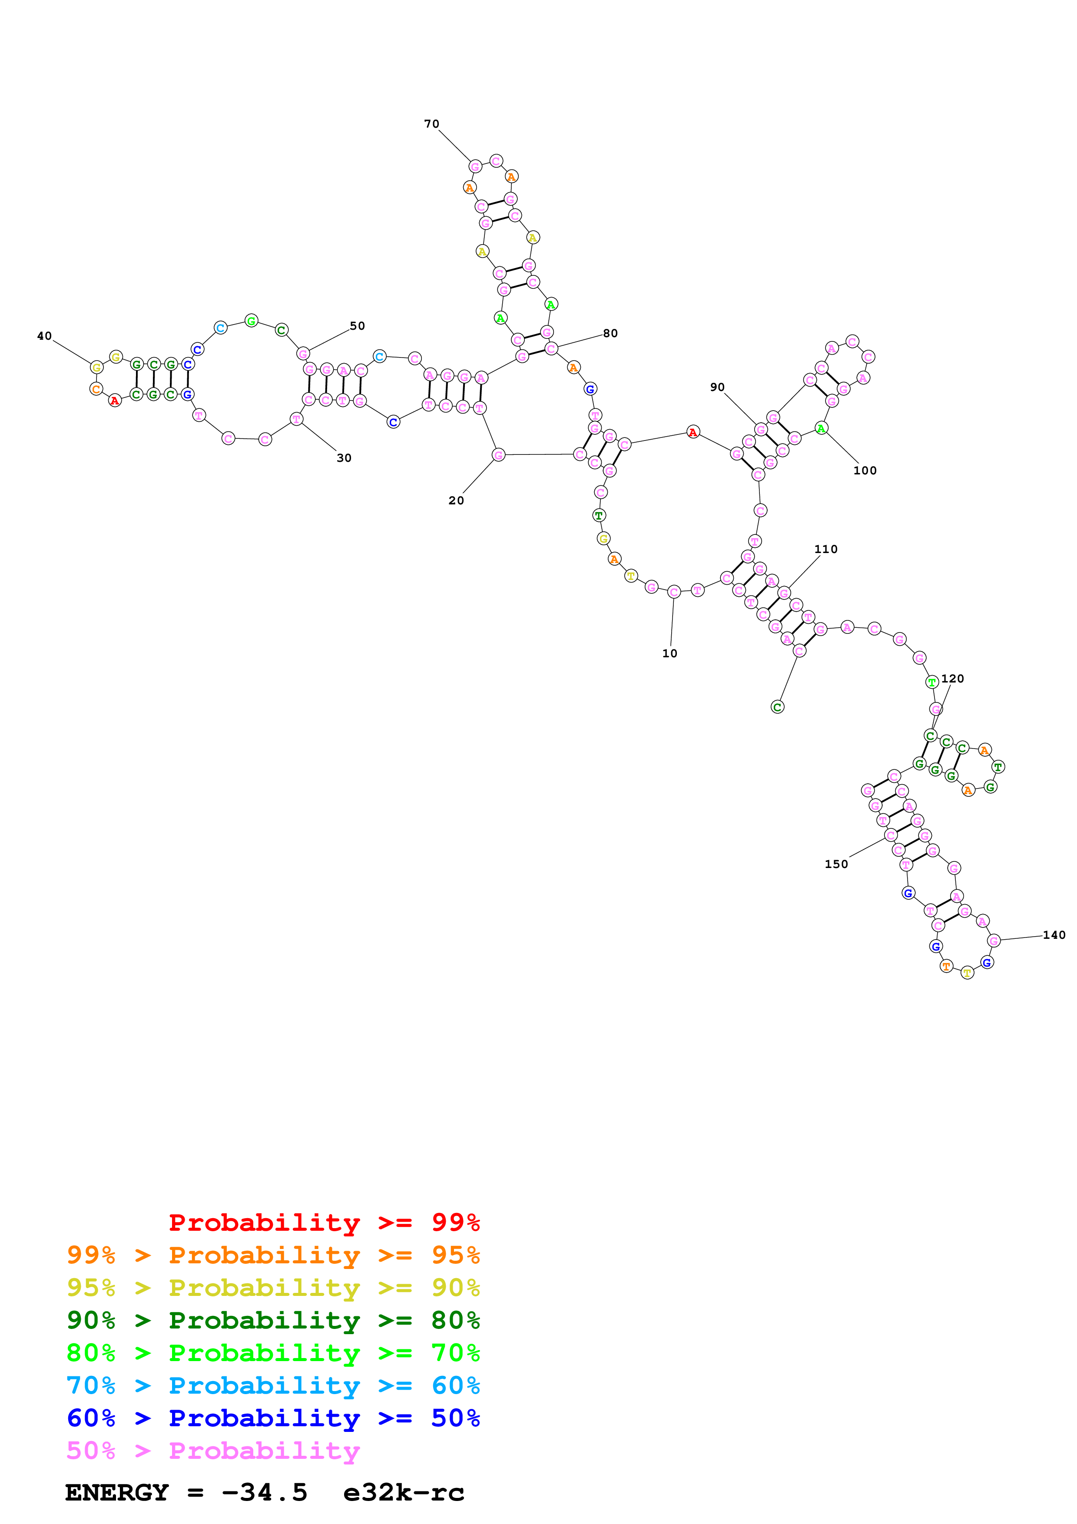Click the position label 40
44,336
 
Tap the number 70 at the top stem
431,124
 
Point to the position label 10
669,653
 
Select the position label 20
456,500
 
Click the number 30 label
344,458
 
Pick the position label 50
357,326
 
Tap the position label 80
610,333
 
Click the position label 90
717,387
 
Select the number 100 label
865,470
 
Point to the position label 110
825,549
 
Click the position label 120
952,678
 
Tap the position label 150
836,864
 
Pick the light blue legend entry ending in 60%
273,1385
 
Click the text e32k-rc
404,1492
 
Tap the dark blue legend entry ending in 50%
273,1418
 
